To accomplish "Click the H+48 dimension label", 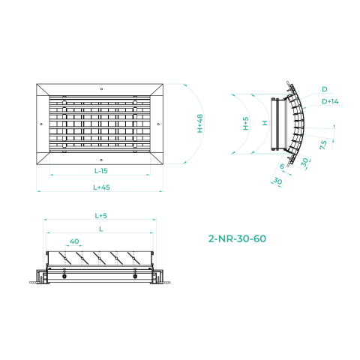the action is (200, 124).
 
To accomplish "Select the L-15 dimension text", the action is (101, 171).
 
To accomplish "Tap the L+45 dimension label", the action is (101, 187).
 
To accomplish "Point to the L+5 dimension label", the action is (101, 215).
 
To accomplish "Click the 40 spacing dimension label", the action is (74, 241).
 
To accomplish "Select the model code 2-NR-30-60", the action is (237, 238).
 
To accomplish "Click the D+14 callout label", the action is (330, 101).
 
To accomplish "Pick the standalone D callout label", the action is (325, 89).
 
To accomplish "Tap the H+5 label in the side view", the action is (246, 124).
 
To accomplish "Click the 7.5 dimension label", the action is (323, 145).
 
